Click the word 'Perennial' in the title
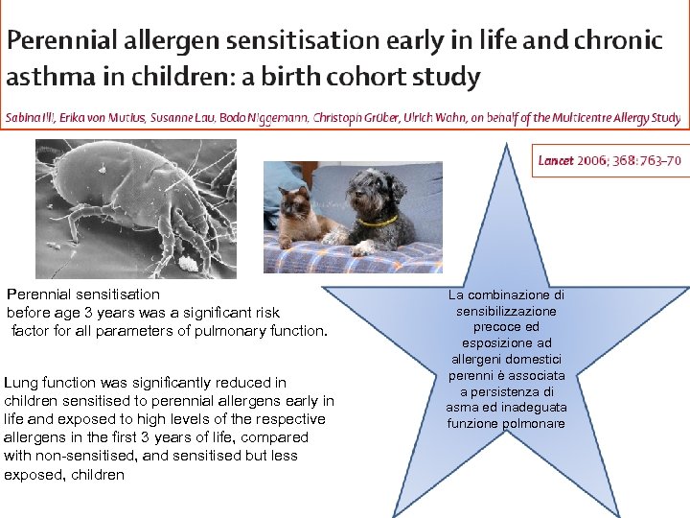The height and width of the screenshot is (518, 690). (x=67, y=41)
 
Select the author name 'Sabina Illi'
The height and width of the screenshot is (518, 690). (x=30, y=119)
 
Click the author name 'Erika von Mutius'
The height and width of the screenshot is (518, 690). (x=102, y=119)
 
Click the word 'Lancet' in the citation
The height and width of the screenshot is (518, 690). (x=555, y=160)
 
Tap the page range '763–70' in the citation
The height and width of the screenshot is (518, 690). (x=657, y=160)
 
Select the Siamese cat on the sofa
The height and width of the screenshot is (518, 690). (x=302, y=216)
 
